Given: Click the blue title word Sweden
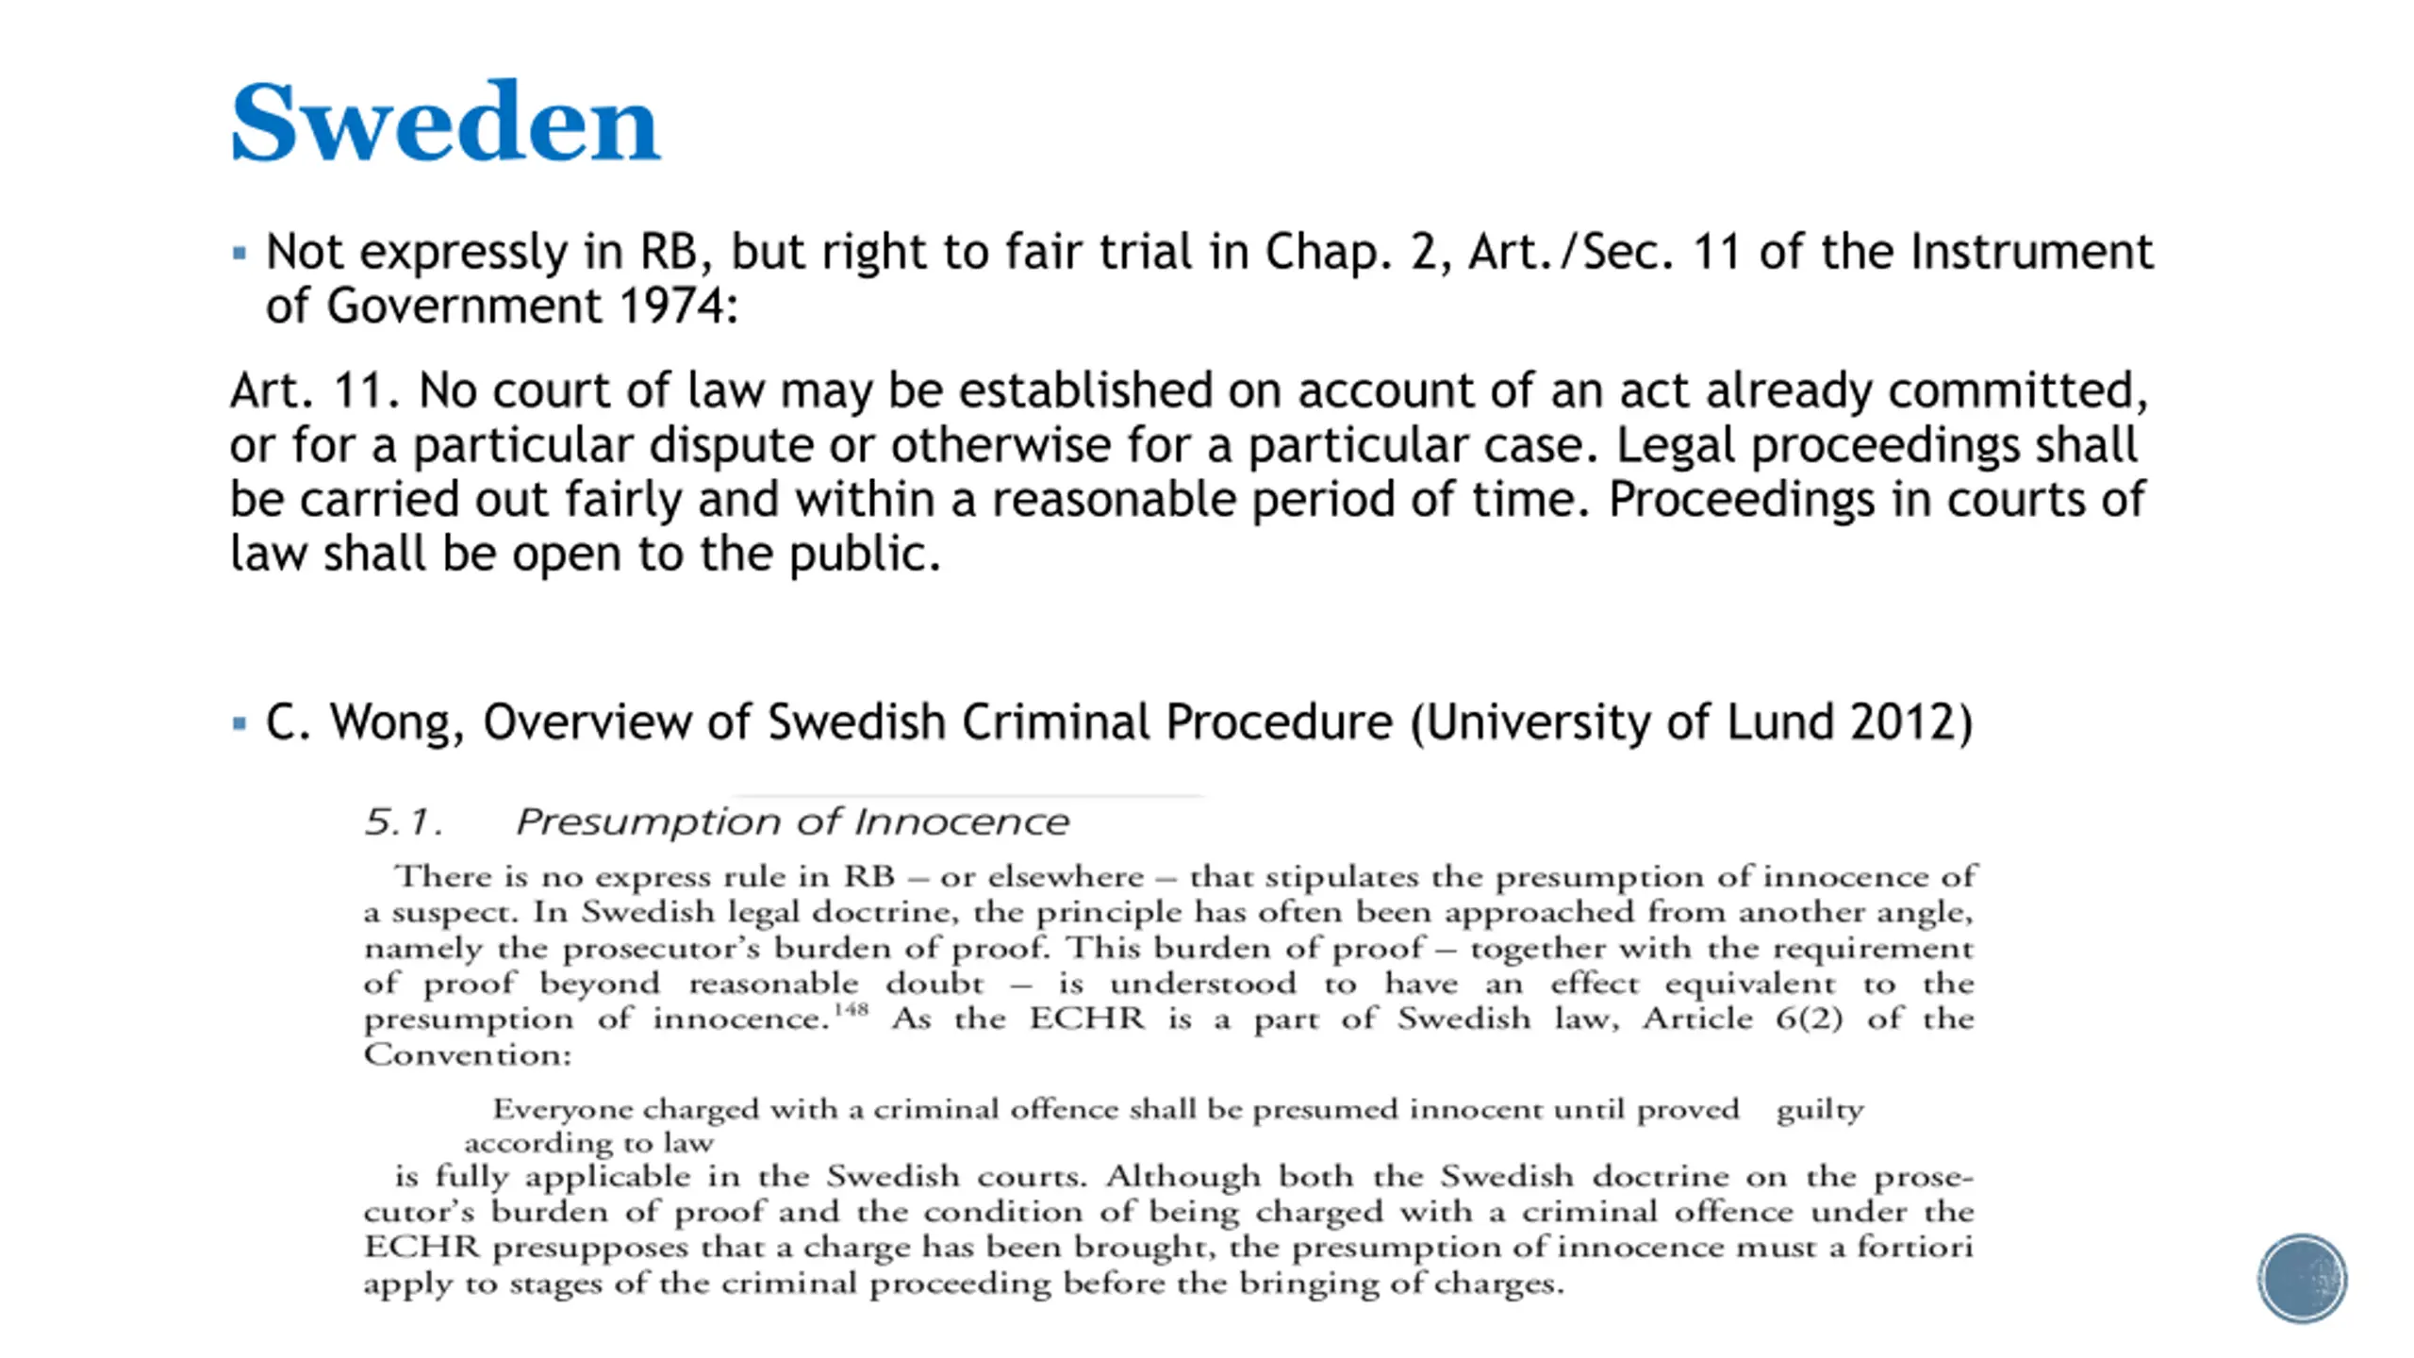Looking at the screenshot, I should [x=445, y=123].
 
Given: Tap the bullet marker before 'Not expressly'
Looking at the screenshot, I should [x=240, y=253].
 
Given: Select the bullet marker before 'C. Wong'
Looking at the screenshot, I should [x=240, y=723].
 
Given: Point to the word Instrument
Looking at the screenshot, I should [x=2032, y=253].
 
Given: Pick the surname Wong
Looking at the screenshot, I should [x=396, y=723].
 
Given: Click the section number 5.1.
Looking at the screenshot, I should [x=404, y=822].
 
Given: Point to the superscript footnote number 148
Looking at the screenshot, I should [x=851, y=1009].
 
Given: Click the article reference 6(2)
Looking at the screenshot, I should [x=1809, y=1018].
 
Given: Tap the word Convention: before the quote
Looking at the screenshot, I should [x=468, y=1054].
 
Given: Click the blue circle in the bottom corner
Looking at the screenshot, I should [x=2302, y=1279].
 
